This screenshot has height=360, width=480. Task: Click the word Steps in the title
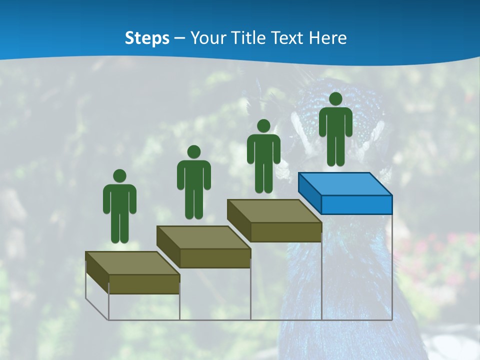(x=147, y=38)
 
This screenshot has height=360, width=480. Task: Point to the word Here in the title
(x=328, y=38)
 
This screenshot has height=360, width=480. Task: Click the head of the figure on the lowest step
(x=119, y=176)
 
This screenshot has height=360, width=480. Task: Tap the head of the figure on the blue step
(x=335, y=99)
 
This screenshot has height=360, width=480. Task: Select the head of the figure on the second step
(x=193, y=152)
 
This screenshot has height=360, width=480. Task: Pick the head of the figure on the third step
(x=263, y=125)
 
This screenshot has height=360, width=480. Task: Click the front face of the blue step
(x=356, y=204)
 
